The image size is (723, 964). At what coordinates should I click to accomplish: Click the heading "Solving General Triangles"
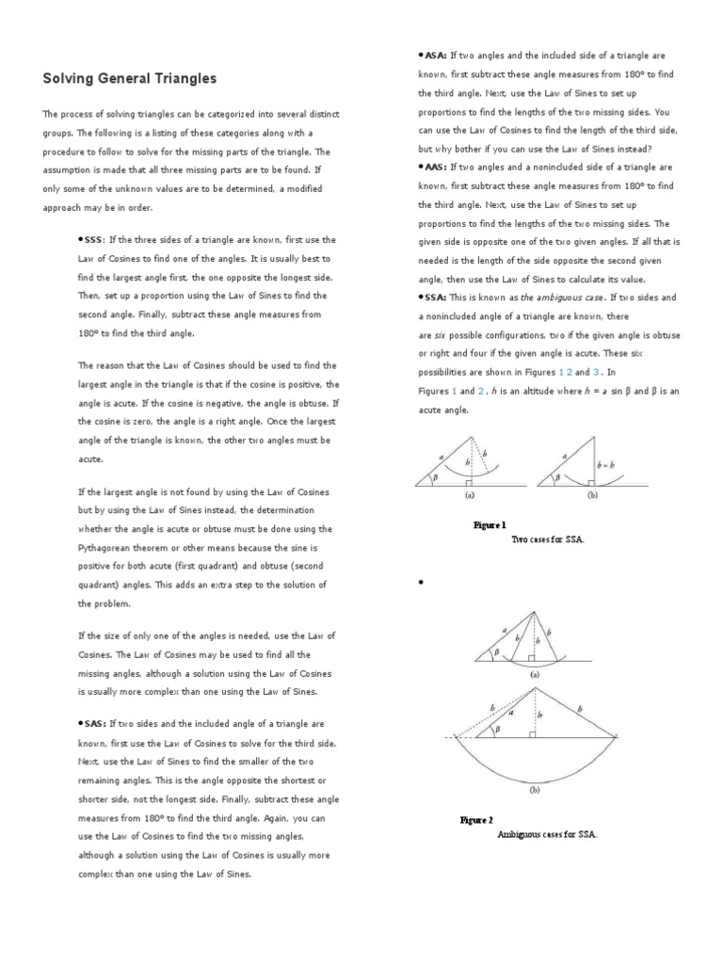coord(130,78)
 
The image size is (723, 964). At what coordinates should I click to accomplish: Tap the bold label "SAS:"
coord(91,724)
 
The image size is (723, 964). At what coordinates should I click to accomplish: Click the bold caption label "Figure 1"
coord(490,525)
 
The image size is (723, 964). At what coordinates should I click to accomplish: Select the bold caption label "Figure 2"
coord(476,820)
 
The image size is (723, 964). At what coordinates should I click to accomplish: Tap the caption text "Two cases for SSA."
coord(547,539)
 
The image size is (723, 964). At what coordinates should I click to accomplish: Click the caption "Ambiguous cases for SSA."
coord(547,834)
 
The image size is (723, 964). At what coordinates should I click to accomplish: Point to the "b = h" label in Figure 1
coord(605,464)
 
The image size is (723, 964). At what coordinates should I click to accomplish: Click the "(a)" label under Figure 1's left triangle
coord(468,493)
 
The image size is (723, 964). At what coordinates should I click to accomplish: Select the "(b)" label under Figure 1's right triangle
coord(593,493)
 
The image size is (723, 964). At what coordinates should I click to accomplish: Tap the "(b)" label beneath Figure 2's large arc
coord(535,791)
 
